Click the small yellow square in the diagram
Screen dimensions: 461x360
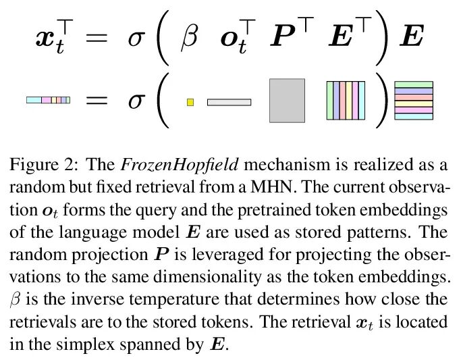[190, 102]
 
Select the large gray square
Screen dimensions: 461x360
[287, 100]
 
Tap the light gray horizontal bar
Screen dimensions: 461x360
[229, 102]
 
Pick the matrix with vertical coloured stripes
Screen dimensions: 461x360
[345, 100]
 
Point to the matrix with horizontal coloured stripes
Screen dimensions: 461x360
[413, 100]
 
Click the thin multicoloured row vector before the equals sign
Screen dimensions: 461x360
[48, 100]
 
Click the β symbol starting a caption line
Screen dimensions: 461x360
[16, 299]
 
